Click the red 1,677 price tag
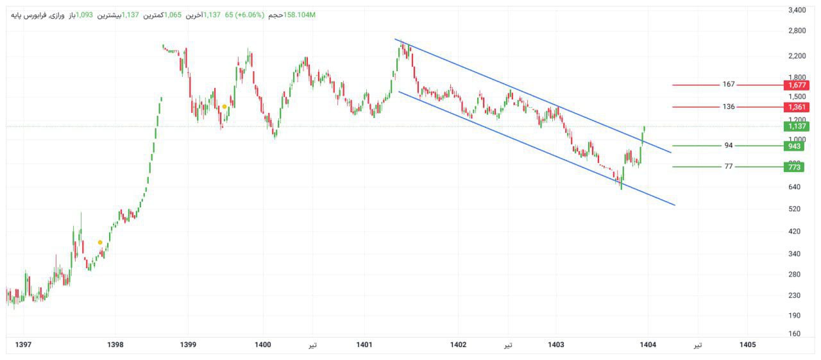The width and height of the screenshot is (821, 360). click(x=798, y=85)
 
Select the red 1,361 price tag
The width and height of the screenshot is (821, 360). click(x=798, y=107)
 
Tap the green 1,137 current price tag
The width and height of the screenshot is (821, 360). click(x=798, y=126)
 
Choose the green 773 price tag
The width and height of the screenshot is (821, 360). click(x=795, y=167)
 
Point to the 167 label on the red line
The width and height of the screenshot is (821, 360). click(x=728, y=85)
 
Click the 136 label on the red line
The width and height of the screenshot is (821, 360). click(x=728, y=107)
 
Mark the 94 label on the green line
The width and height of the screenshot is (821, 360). click(x=728, y=146)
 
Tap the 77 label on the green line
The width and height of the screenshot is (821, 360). click(x=728, y=167)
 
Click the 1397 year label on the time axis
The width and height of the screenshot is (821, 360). click(x=23, y=345)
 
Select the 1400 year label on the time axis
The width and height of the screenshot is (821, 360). click(x=263, y=345)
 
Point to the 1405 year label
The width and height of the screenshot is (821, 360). click(x=747, y=345)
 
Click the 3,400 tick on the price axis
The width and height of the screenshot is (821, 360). click(x=797, y=10)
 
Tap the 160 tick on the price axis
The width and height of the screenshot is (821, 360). click(x=795, y=334)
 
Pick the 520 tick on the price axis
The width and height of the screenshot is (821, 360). click(x=795, y=209)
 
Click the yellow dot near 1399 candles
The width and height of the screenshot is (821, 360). click(x=224, y=107)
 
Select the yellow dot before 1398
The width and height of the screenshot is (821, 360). click(x=100, y=243)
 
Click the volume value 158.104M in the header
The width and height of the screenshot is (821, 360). click(x=300, y=15)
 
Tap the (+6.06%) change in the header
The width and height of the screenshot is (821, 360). click(x=249, y=15)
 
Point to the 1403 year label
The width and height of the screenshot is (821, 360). click(x=556, y=345)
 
